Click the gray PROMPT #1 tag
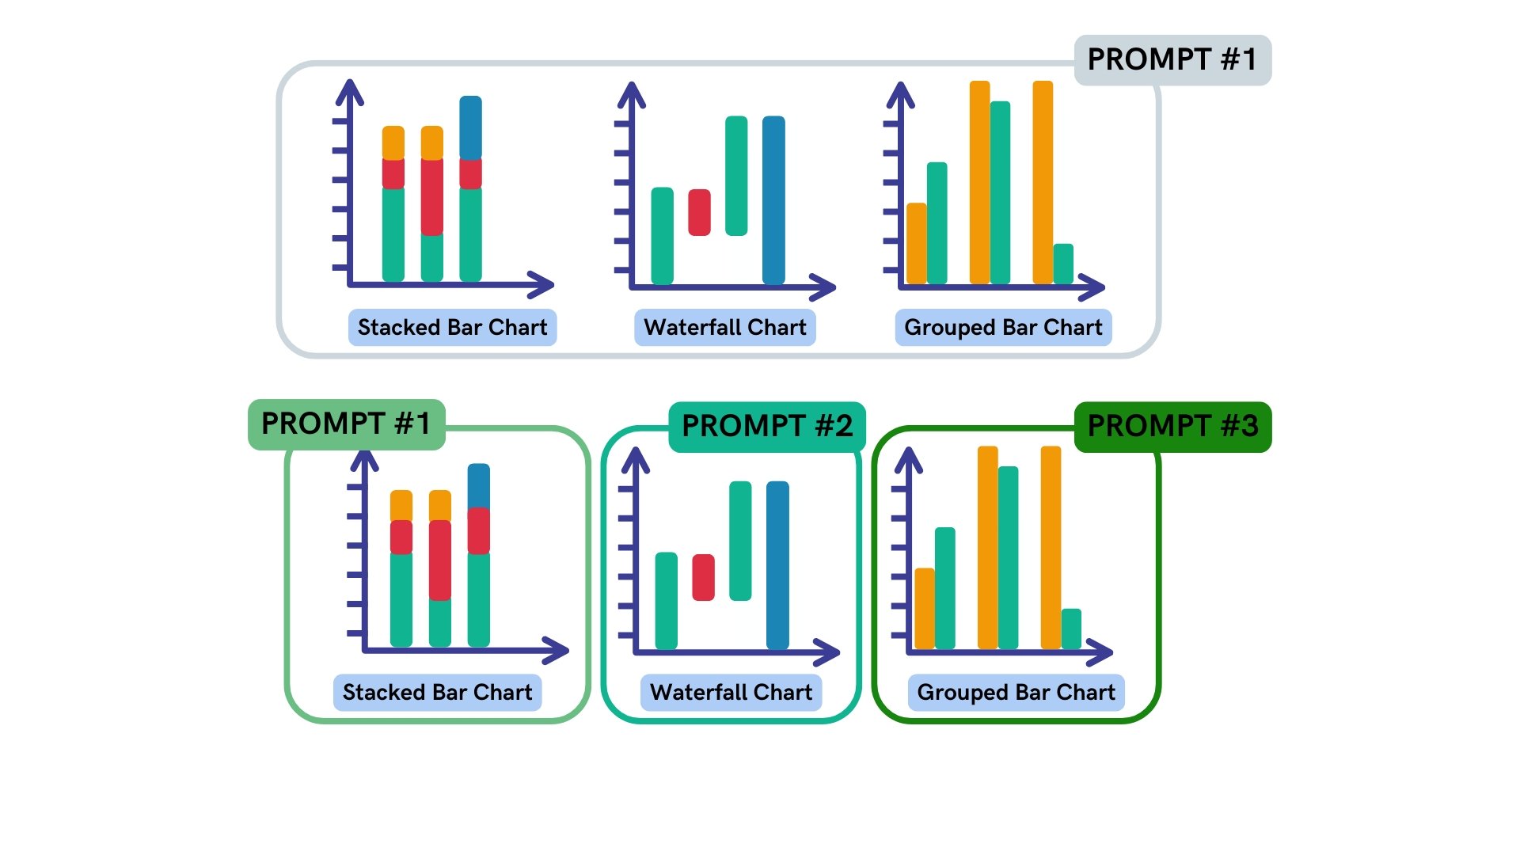coord(1172,60)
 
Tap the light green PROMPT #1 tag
coord(346,424)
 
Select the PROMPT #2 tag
coord(766,427)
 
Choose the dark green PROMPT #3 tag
coord(1172,427)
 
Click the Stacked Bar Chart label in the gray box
coord(452,328)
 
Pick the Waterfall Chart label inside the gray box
coord(724,328)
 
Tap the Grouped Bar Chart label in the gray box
coord(1003,328)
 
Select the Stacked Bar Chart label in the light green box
coord(437,693)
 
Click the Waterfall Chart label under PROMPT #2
coord(731,693)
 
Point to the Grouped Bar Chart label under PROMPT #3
coord(1016,693)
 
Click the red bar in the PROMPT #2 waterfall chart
coord(703,577)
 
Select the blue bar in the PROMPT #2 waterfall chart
coord(777,565)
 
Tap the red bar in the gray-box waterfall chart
coord(699,212)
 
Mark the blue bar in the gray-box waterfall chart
coord(773,199)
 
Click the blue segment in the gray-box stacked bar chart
coord(470,127)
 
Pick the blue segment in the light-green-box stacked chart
coord(478,485)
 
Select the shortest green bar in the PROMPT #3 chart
coord(1071,629)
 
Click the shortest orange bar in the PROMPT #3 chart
coord(925,608)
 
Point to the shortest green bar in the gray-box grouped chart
coord(1063,264)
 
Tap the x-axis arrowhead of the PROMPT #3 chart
coord(1101,652)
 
